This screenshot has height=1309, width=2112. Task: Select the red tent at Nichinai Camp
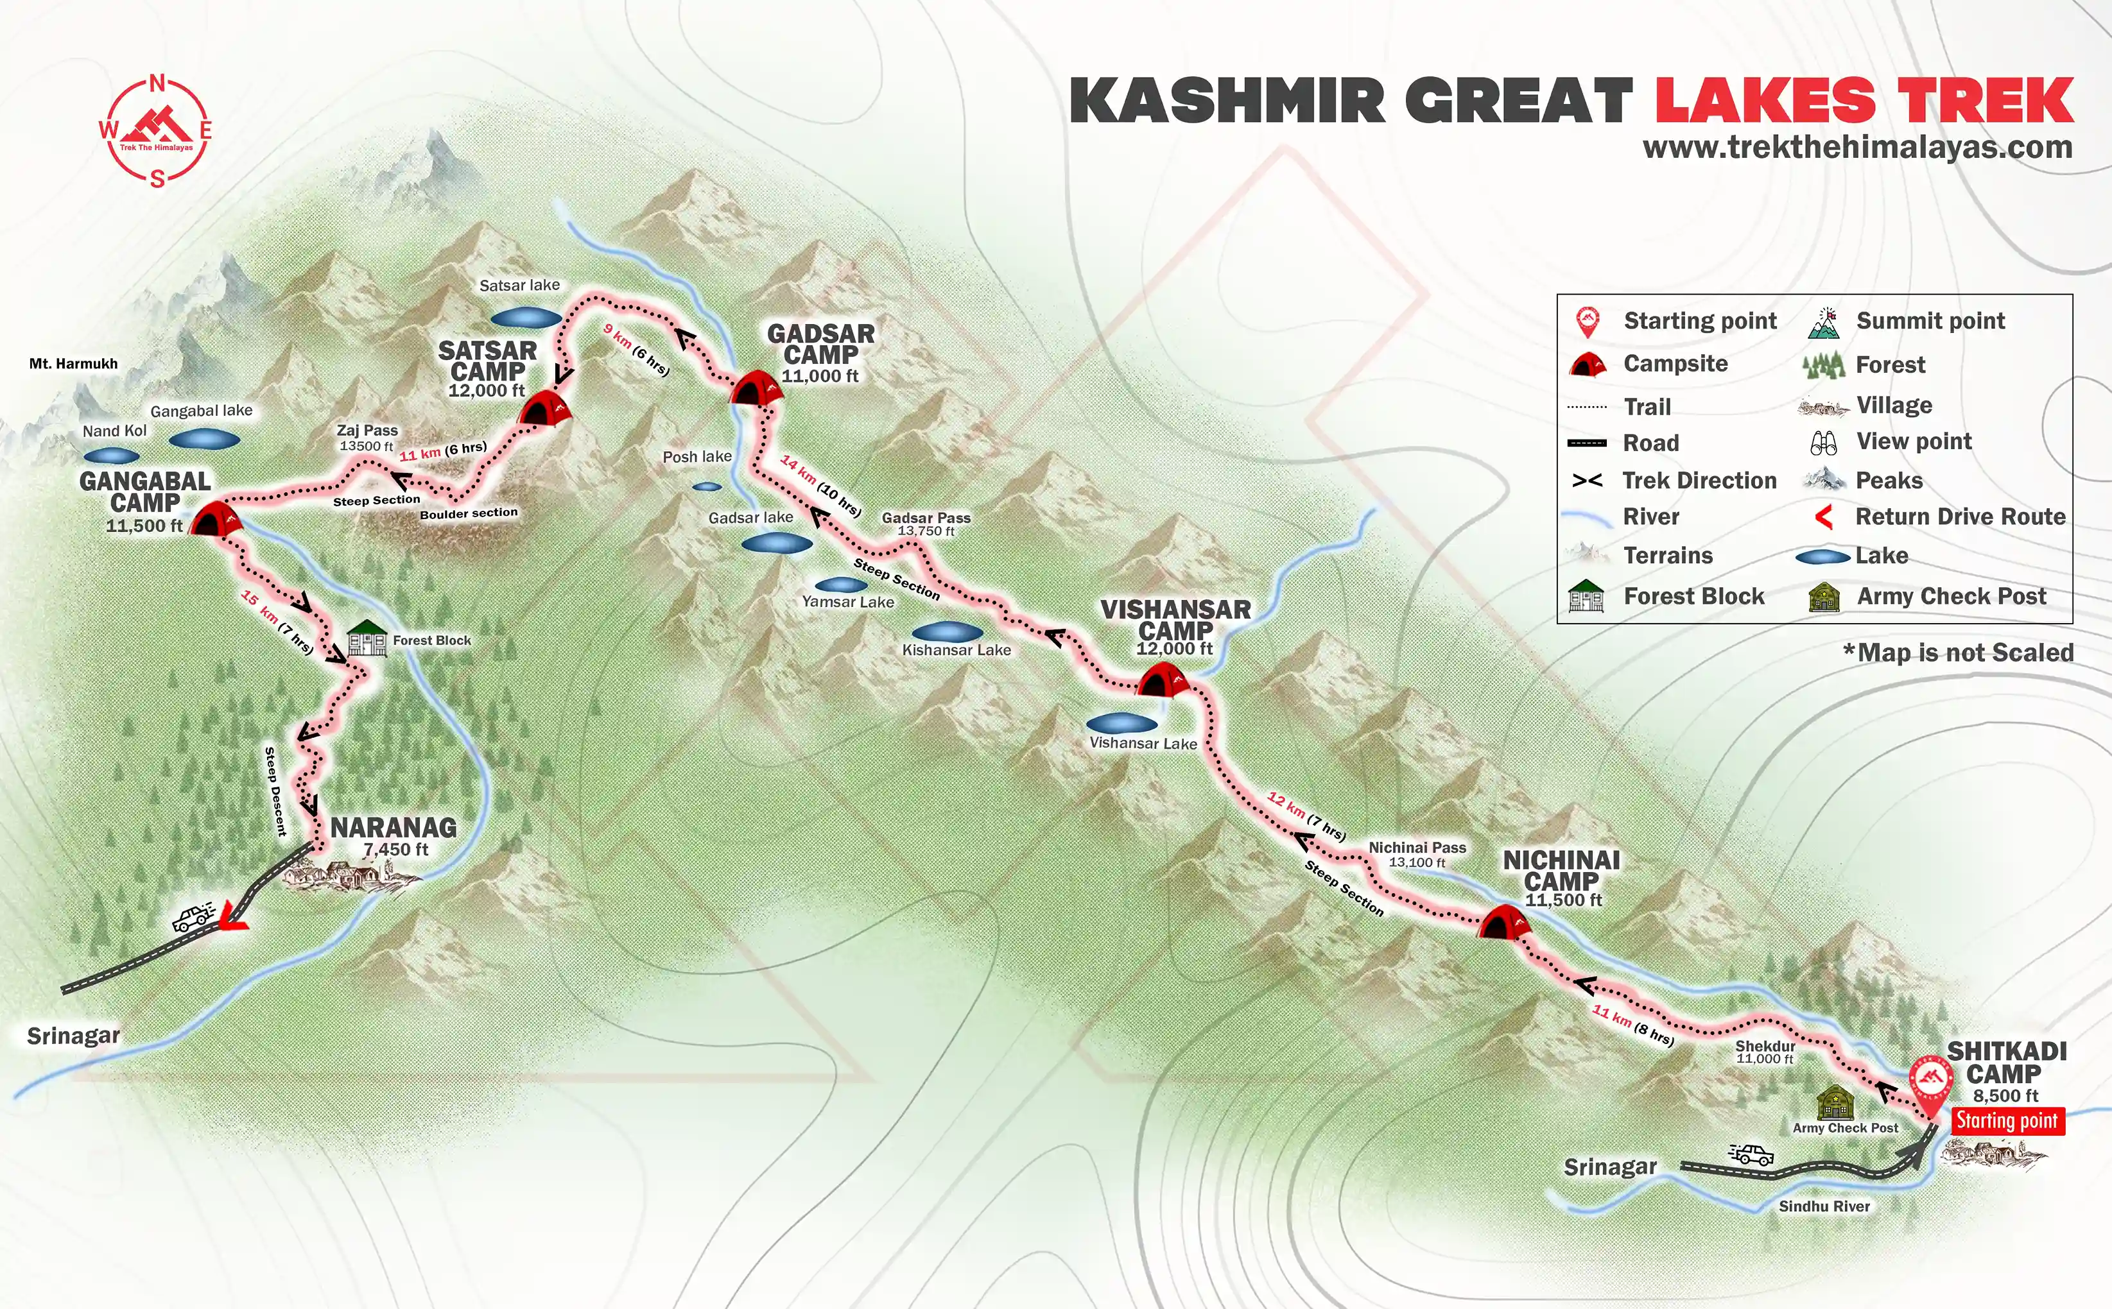(x=1503, y=923)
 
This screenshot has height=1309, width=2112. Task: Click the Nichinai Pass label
(x=1417, y=848)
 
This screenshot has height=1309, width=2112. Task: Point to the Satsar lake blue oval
(x=526, y=318)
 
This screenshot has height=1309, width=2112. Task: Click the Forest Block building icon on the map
(x=367, y=639)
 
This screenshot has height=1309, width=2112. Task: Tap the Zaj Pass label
(x=367, y=431)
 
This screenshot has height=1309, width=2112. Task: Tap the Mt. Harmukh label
(x=74, y=364)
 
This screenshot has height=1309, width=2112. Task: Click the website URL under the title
(x=1857, y=147)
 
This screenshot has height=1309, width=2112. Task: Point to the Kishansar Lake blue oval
(x=948, y=631)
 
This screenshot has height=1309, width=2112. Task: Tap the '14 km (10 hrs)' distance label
(x=819, y=486)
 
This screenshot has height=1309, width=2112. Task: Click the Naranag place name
(x=394, y=828)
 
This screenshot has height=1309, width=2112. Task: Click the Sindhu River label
(x=1824, y=1206)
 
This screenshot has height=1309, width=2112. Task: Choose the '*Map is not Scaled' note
(x=1958, y=653)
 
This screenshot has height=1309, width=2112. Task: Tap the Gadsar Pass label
(x=926, y=518)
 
